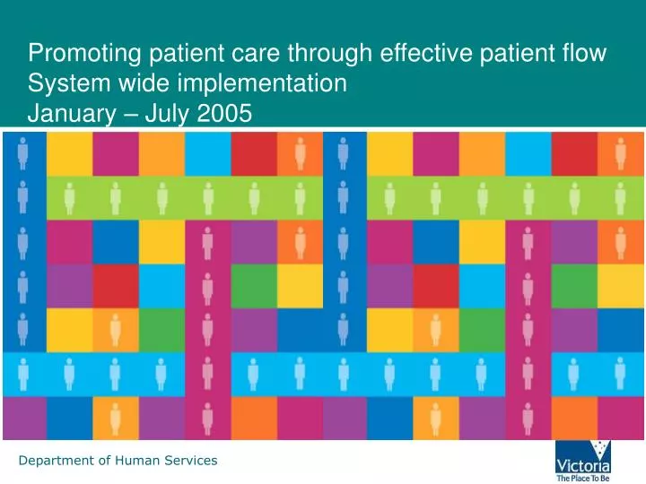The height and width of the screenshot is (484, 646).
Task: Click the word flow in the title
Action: pos(585,54)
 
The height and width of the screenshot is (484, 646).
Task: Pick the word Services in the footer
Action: pos(188,461)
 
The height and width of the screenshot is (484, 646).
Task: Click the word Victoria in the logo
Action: pos(583,466)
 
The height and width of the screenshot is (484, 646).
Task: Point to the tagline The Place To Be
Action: pos(583,479)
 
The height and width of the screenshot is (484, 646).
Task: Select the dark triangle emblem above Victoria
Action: pos(583,449)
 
